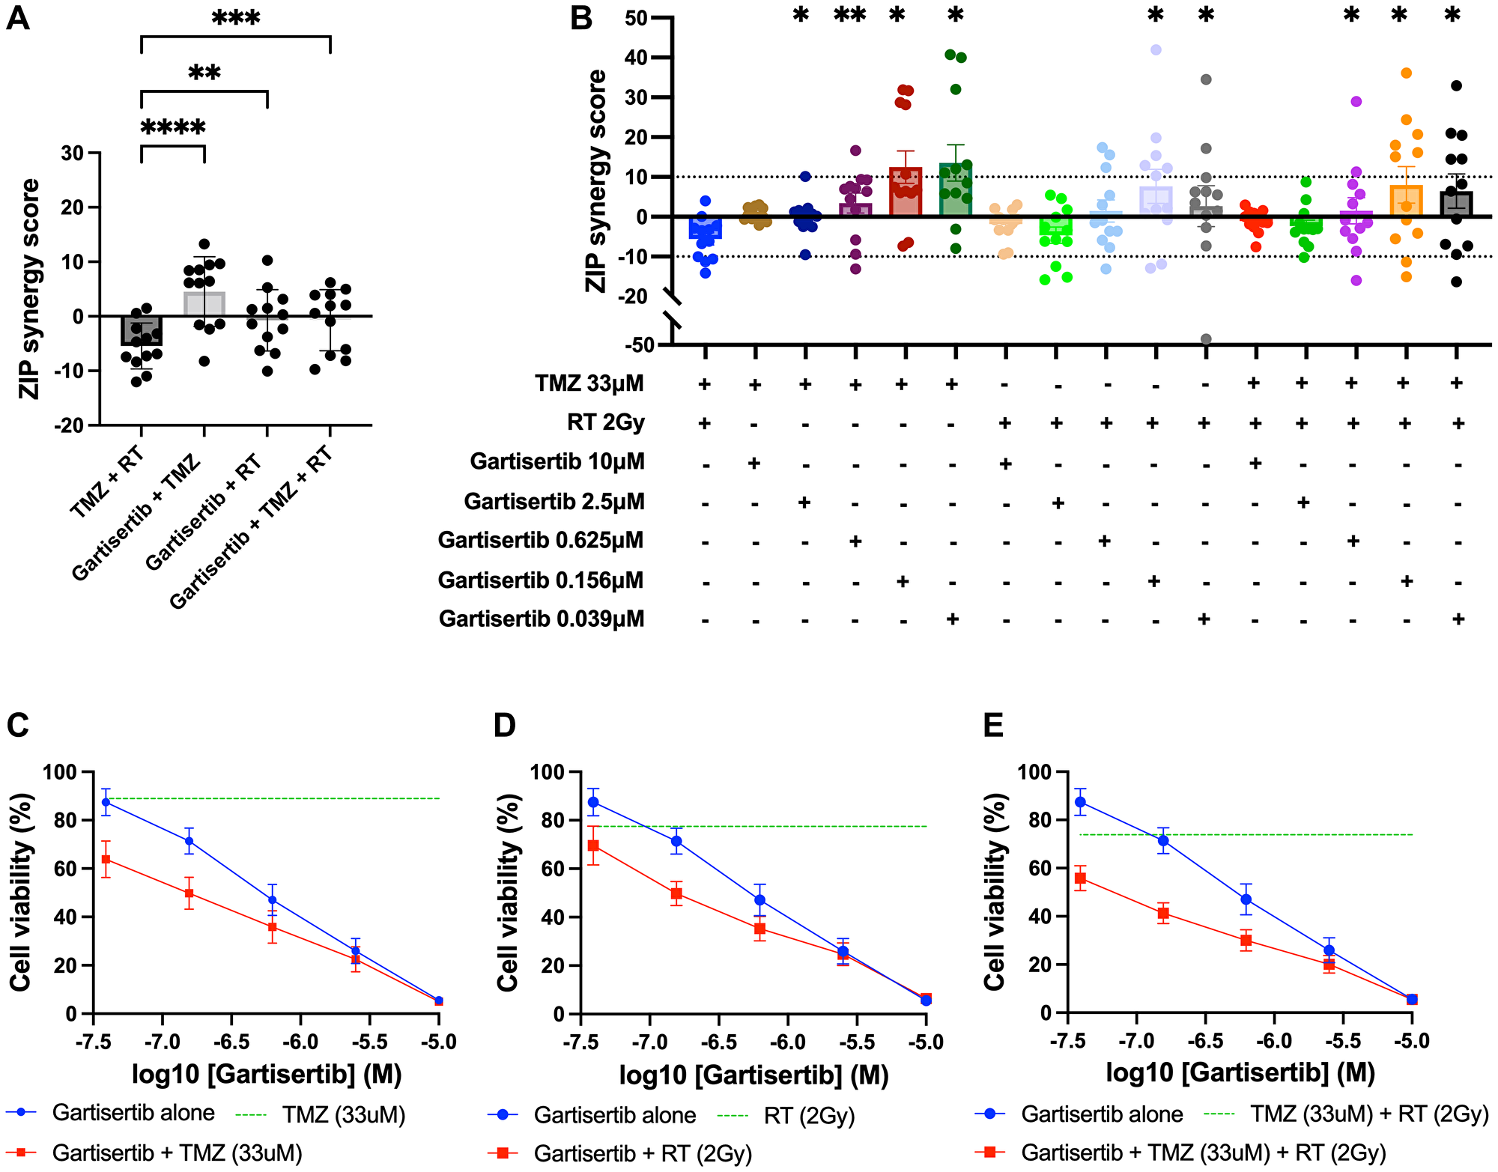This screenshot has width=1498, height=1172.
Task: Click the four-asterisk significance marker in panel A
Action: tap(173, 127)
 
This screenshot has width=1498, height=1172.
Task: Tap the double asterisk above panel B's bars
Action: tap(850, 14)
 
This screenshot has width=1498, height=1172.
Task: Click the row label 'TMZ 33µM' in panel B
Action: tap(589, 383)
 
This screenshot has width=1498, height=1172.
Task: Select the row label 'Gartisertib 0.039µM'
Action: tap(541, 619)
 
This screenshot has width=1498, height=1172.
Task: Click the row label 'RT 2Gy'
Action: tap(605, 422)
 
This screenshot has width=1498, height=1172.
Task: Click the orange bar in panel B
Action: tap(1406, 201)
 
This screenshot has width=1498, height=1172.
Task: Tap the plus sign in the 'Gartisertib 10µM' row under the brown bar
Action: tap(754, 463)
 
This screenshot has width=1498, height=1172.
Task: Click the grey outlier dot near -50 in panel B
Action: tap(1206, 339)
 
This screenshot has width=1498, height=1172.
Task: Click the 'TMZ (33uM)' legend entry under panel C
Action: tap(343, 1115)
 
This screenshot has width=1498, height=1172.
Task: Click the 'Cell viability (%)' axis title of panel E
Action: tap(994, 891)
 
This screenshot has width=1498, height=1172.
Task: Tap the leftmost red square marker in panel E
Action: tap(1080, 878)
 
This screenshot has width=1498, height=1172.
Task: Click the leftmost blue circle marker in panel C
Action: tap(106, 802)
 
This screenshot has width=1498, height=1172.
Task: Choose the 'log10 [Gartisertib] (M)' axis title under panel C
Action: tap(267, 1074)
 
